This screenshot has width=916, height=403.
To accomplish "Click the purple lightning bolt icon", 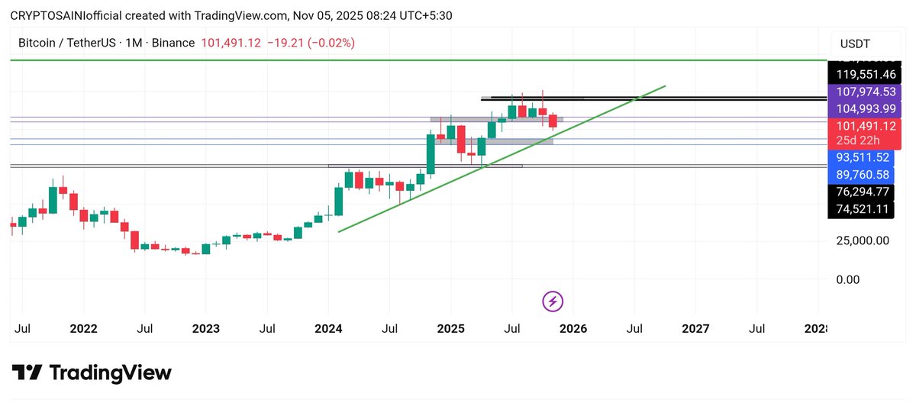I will pyautogui.click(x=553, y=301).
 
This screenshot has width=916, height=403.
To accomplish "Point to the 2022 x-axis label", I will pyautogui.click(x=83, y=329).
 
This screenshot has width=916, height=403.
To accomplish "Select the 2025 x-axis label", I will pyautogui.click(x=450, y=329).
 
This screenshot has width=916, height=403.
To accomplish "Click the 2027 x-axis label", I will pyautogui.click(x=695, y=329).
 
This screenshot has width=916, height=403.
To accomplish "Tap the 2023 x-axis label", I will pyautogui.click(x=206, y=329).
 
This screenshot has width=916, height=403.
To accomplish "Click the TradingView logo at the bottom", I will pyautogui.click(x=92, y=373).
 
